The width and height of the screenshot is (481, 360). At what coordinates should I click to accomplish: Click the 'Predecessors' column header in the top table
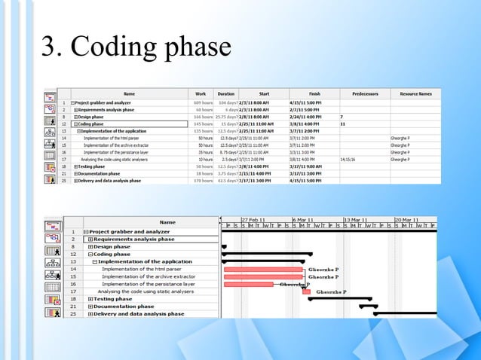click(364, 93)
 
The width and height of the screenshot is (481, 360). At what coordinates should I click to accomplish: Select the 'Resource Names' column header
click(415, 93)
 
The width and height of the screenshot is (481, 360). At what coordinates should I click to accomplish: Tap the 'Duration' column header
click(226, 93)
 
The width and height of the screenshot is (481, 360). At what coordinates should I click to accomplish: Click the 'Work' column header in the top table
click(201, 93)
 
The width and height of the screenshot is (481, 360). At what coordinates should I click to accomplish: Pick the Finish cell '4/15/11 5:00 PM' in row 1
click(305, 103)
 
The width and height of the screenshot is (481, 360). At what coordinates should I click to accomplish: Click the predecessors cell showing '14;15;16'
click(349, 160)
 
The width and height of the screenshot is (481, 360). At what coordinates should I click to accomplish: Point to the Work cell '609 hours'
click(203, 103)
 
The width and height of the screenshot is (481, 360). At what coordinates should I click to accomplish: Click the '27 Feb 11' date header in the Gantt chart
click(253, 218)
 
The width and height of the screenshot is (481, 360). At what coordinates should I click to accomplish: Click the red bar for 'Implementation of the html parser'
click(264, 269)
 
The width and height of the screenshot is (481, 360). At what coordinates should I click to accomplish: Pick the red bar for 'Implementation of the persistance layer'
click(252, 284)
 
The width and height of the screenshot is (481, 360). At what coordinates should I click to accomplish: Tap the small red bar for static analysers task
click(306, 291)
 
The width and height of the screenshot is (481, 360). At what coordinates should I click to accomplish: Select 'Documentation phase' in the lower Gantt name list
click(124, 307)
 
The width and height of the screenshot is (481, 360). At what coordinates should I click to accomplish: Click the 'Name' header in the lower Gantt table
click(167, 222)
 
